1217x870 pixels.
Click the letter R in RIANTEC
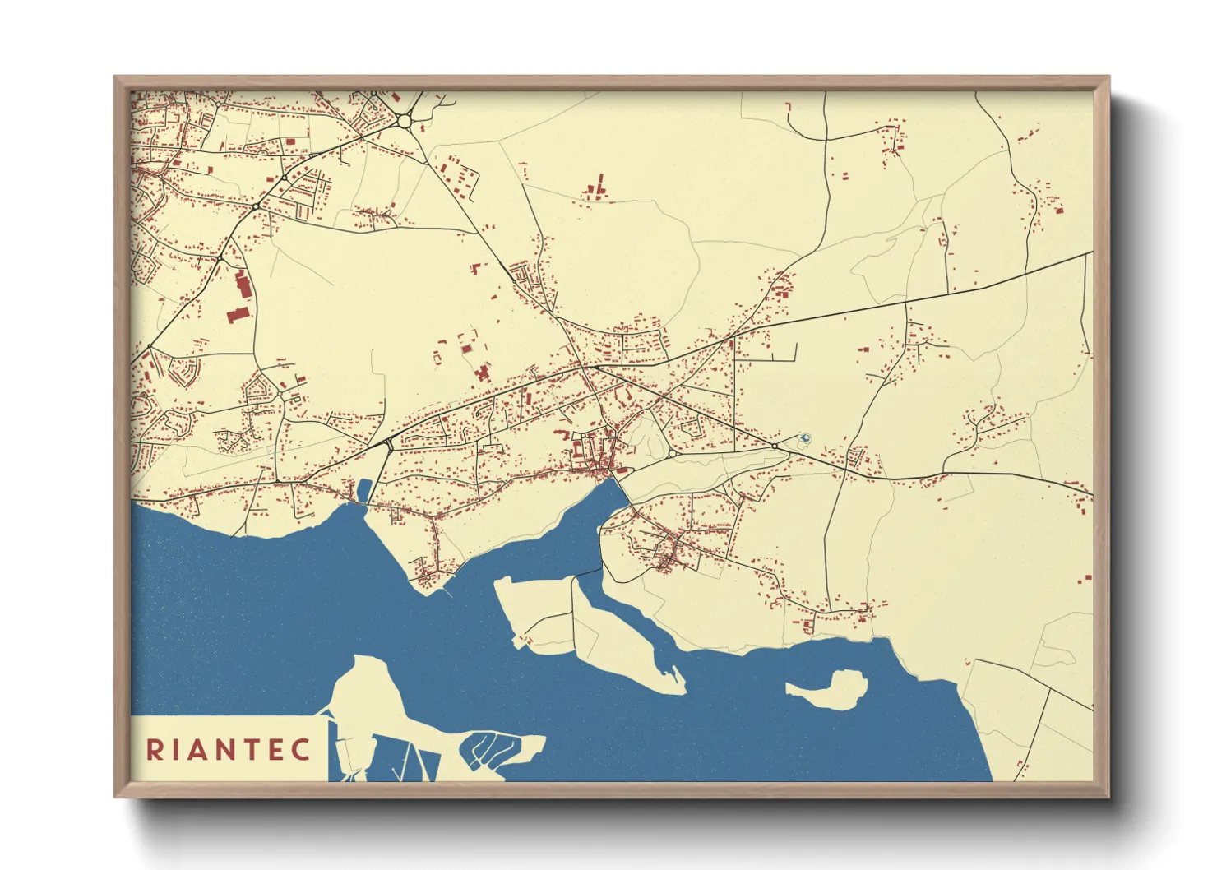154,749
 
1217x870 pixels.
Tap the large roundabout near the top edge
404,121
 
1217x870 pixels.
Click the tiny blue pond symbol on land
805,437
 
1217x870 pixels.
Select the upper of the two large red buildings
242,284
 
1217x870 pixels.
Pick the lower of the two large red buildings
236,314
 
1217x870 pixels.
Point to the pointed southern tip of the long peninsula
682,689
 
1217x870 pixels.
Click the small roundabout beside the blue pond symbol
775,446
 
